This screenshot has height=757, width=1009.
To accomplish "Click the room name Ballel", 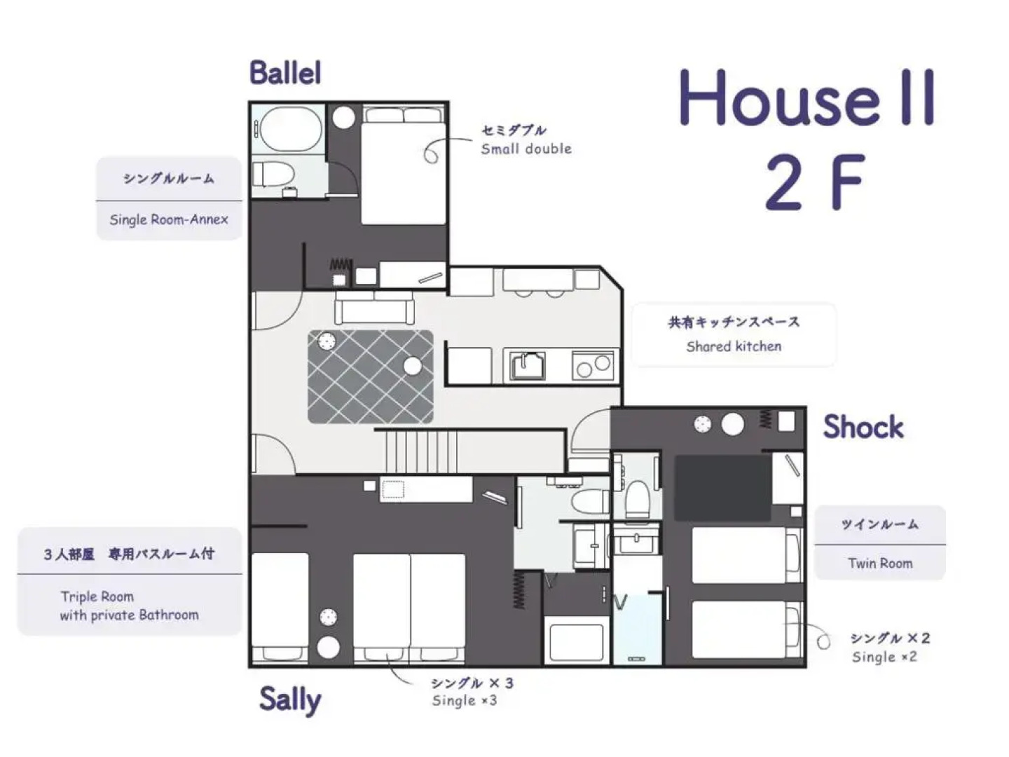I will tap(285, 73).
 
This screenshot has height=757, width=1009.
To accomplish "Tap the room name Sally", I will tap(290, 699).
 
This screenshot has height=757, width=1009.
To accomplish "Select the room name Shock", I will tap(863, 426).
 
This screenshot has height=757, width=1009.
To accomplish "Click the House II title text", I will tap(807, 99).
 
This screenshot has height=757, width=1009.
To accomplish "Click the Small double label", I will tap(526, 149).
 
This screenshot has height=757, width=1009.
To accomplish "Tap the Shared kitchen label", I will tap(734, 346).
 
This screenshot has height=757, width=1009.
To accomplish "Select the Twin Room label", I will tap(880, 563).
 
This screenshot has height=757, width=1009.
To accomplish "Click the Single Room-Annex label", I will tap(169, 219).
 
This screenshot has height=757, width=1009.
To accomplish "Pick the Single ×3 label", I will tap(465, 700).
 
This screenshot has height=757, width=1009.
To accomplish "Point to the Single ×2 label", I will tap(884, 657).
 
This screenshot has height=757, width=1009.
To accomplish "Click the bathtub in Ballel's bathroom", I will tap(289, 128).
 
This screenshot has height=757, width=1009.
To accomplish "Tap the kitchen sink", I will tap(528, 365).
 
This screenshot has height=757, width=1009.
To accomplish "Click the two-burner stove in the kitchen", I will tap(593, 365).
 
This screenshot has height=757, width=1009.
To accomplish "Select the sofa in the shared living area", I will tap(374, 306).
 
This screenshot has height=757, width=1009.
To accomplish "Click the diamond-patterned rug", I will tap(370, 377).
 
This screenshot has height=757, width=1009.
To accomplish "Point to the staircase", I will tap(421, 451).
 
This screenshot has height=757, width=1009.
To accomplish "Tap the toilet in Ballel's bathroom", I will tap(275, 173).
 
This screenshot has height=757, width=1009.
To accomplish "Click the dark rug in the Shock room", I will tap(722, 488).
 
